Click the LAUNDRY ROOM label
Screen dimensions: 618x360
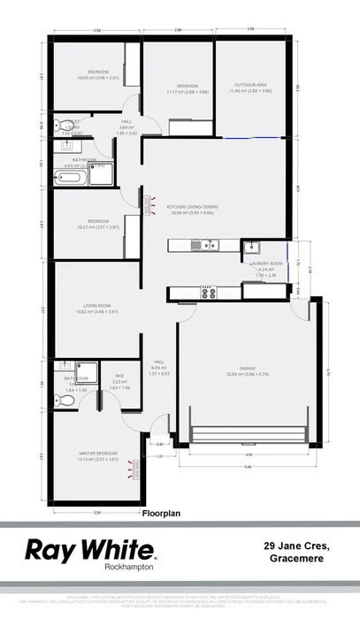(x=265, y=264)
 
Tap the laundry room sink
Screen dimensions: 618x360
(x=251, y=245)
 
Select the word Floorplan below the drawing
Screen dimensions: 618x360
(x=160, y=512)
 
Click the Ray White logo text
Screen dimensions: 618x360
(x=91, y=548)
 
